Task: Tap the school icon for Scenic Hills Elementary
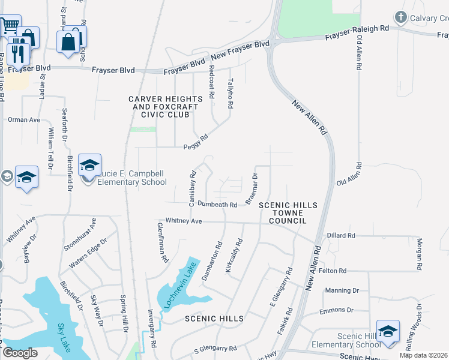tap(388, 332)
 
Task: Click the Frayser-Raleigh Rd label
tap(357, 32)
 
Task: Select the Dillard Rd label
tap(340, 236)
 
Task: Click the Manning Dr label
tap(342, 290)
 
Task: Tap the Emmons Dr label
tap(336, 311)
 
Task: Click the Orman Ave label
tap(23, 119)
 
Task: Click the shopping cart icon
tap(8, 26)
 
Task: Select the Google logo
tap(20, 353)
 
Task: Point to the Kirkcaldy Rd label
tap(234, 256)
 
